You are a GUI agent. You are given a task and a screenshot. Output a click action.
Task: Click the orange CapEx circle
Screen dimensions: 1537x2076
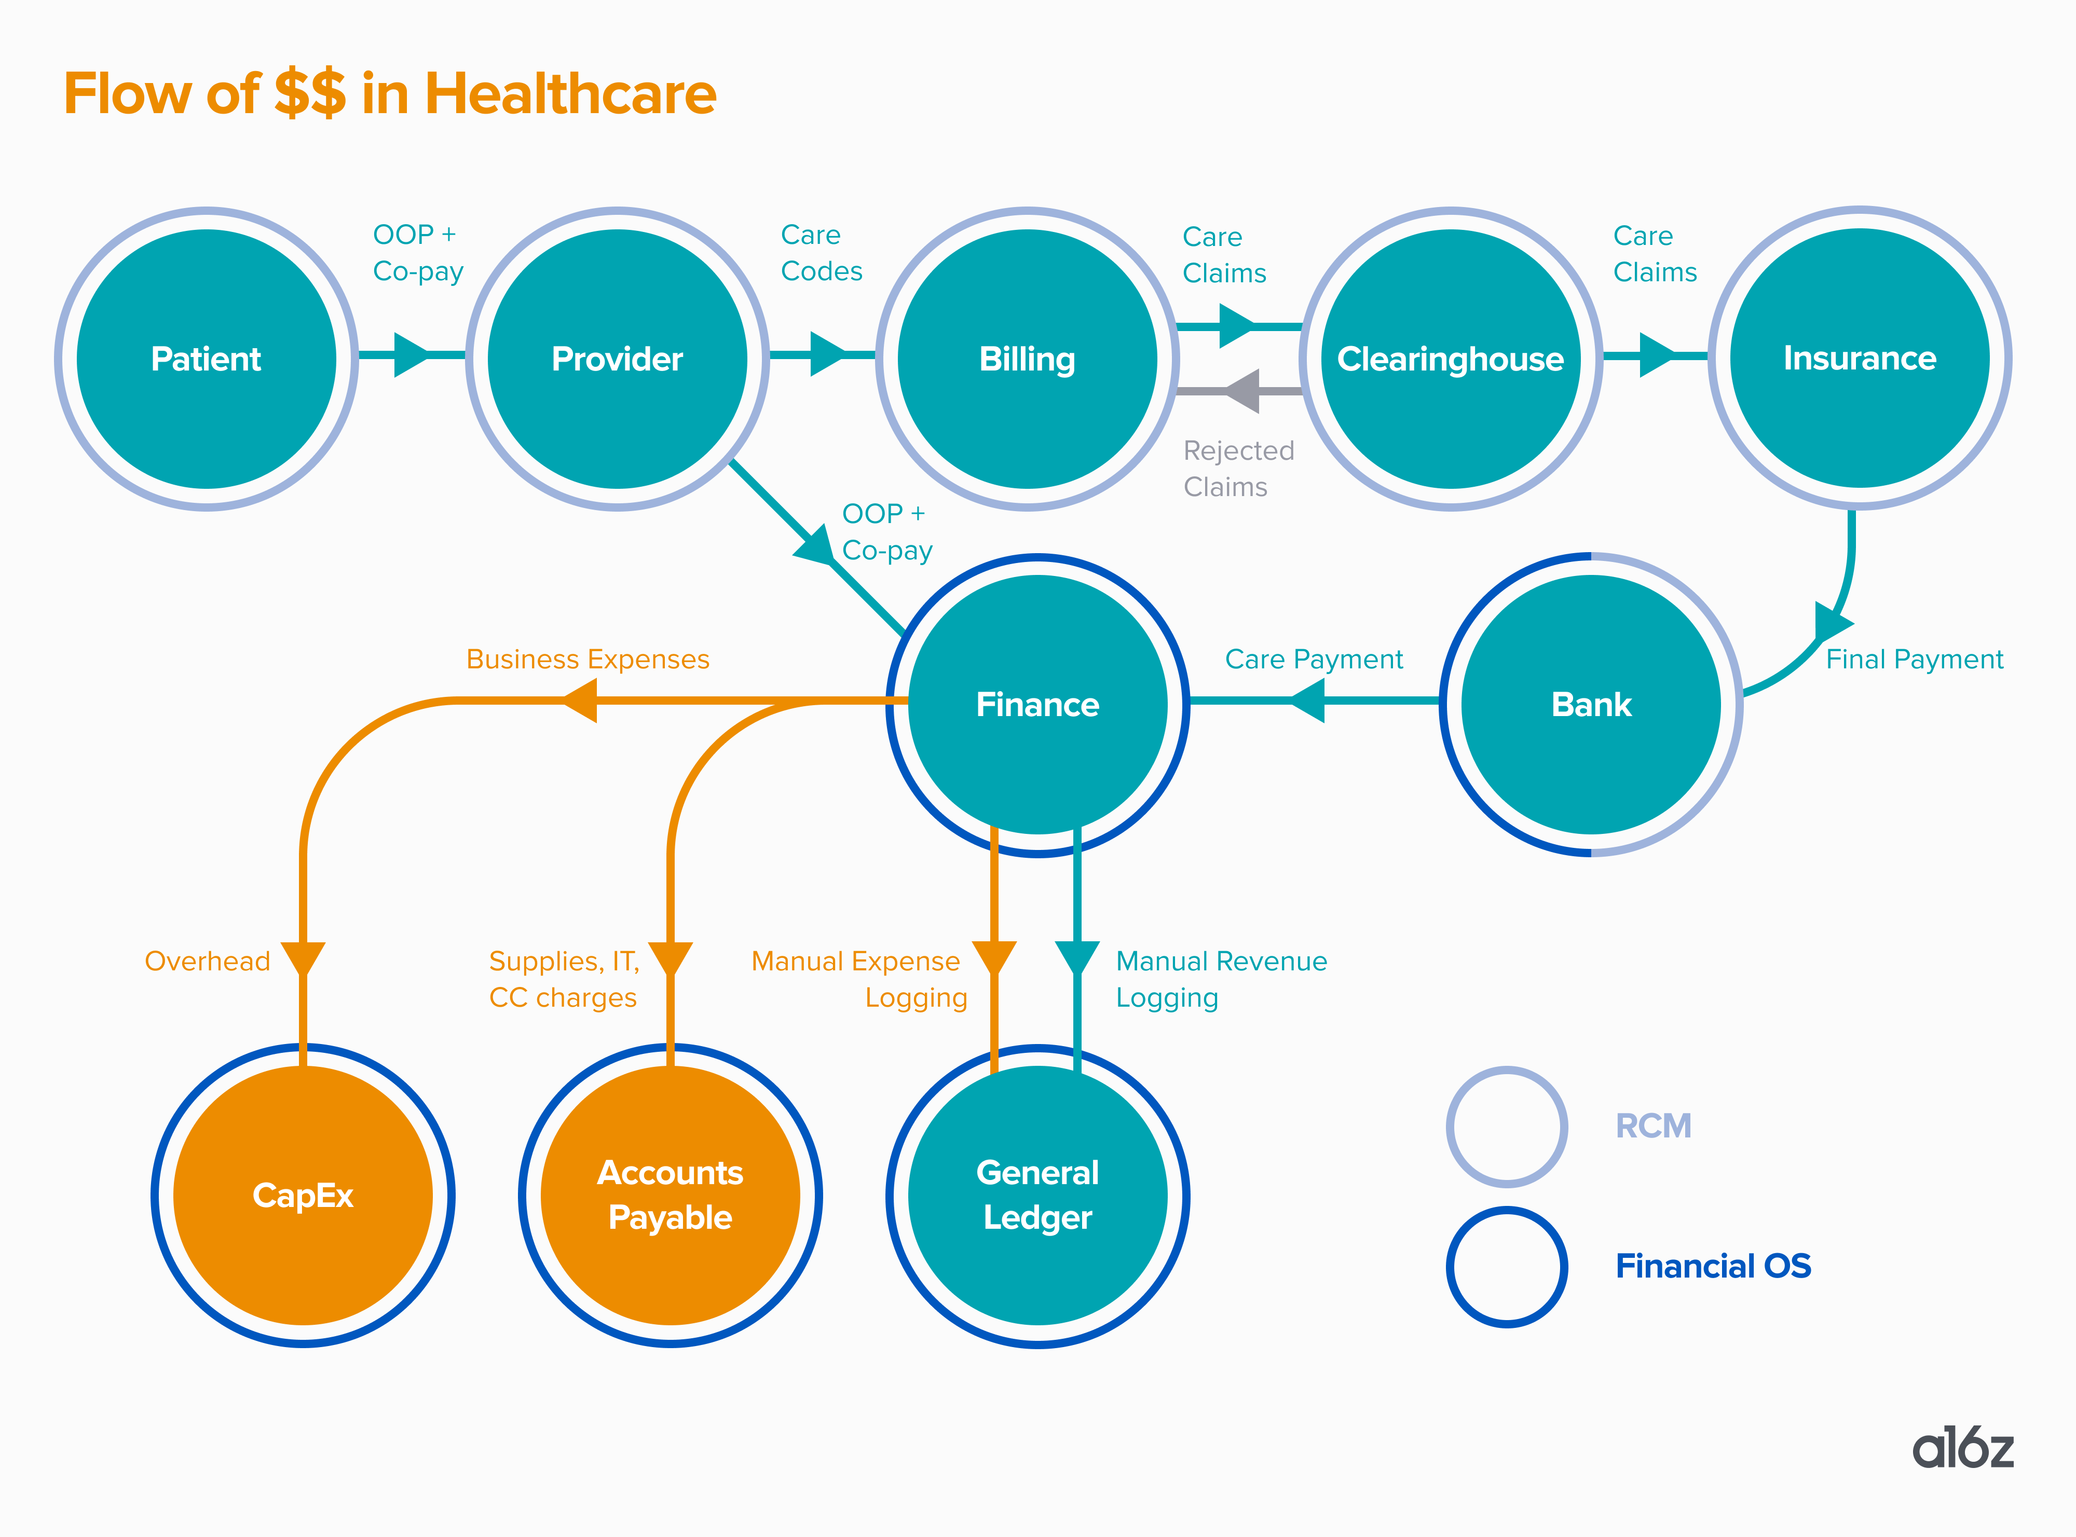pyautogui.click(x=303, y=1196)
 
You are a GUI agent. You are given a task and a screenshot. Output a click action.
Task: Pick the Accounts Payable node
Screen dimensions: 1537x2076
pyautogui.click(x=670, y=1196)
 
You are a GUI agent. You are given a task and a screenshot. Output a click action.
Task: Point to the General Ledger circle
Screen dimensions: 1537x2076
pyautogui.click(x=1037, y=1196)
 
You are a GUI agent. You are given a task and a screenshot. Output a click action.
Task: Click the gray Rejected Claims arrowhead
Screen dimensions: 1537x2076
pyautogui.click(x=1243, y=391)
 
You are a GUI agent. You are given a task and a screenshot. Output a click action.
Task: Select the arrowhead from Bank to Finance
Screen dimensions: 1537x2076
pyautogui.click(x=1309, y=699)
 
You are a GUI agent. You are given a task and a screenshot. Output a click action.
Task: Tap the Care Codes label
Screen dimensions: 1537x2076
pyautogui.click(x=821, y=253)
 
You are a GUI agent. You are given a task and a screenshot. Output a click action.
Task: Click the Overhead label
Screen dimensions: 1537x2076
pyautogui.click(x=208, y=961)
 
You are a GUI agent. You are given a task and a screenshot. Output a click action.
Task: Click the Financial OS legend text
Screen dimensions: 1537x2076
pyautogui.click(x=1712, y=1266)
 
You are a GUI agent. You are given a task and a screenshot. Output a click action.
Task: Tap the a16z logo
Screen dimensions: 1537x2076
pyautogui.click(x=1962, y=1449)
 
